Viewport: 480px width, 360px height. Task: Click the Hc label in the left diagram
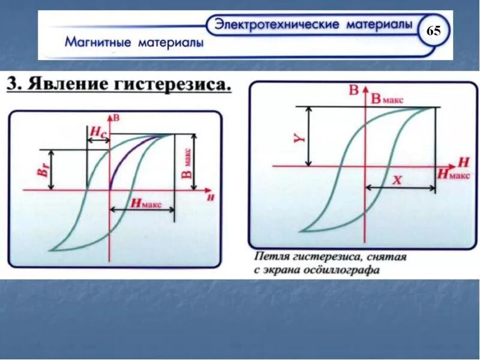coord(97,131)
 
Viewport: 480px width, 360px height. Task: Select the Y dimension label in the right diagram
coord(302,137)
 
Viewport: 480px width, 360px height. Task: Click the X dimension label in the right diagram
coord(396,179)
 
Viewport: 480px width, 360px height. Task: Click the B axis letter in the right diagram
coord(353,91)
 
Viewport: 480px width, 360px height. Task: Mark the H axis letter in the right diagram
coord(463,161)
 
